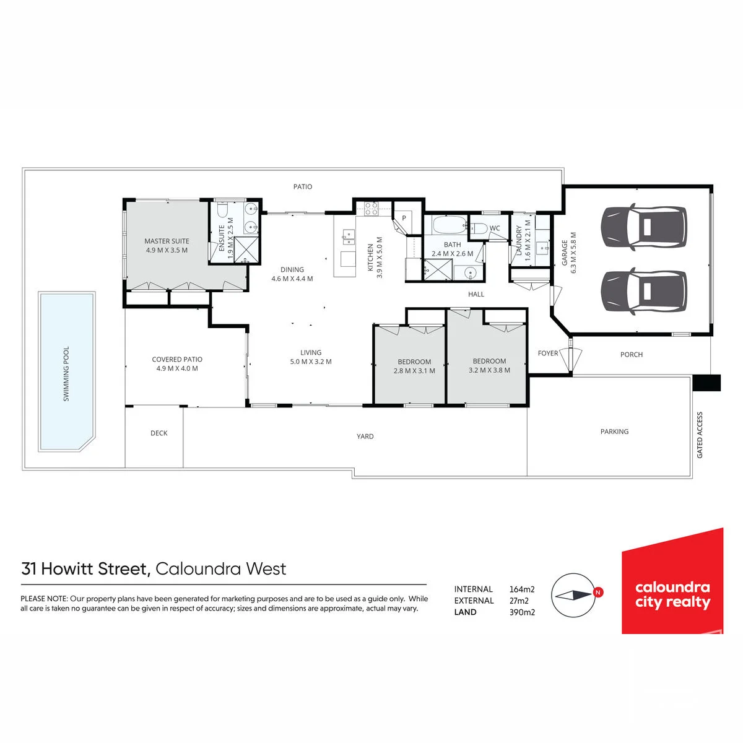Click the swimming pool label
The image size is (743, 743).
point(66,373)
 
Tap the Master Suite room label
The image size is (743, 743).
point(167,241)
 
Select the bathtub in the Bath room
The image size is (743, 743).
point(450,225)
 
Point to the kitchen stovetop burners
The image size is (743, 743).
point(371,209)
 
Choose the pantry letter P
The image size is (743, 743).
point(404,218)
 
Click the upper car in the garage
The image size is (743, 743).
point(645,227)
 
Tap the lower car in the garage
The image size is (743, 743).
point(645,291)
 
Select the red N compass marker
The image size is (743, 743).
point(597,592)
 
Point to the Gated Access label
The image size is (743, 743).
point(700,435)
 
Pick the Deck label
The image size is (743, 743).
point(159,433)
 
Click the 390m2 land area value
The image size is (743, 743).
point(522,612)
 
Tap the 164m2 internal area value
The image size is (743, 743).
point(522,589)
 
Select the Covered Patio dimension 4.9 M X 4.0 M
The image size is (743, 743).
point(177,368)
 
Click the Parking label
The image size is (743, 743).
point(614,432)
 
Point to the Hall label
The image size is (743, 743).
point(476,294)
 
